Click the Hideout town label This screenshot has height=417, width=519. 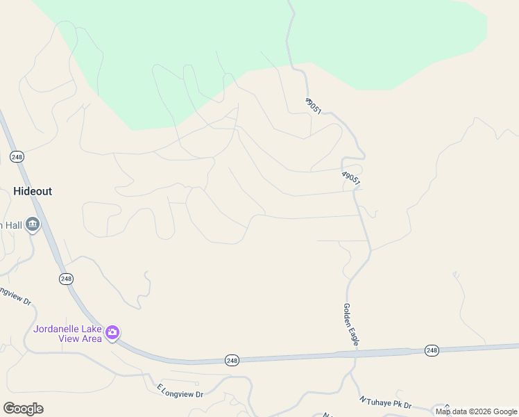(x=33, y=191)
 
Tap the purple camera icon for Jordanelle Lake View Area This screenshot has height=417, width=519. (x=112, y=334)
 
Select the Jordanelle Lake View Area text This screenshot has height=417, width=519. (x=68, y=334)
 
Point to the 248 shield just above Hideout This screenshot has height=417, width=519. (x=17, y=157)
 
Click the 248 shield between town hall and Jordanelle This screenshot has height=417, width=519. (x=66, y=279)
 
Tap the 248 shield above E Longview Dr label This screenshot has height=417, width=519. (x=232, y=360)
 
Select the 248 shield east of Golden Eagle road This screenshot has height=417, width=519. (x=432, y=350)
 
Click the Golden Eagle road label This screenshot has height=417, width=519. (x=350, y=325)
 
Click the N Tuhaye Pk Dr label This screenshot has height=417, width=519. (x=385, y=402)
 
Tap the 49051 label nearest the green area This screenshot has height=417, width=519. (x=314, y=106)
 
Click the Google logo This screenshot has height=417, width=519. (x=23, y=409)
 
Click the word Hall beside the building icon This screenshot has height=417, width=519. (x=12, y=225)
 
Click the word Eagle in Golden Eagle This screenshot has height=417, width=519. (x=353, y=336)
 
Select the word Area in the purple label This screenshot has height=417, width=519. (x=92, y=338)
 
